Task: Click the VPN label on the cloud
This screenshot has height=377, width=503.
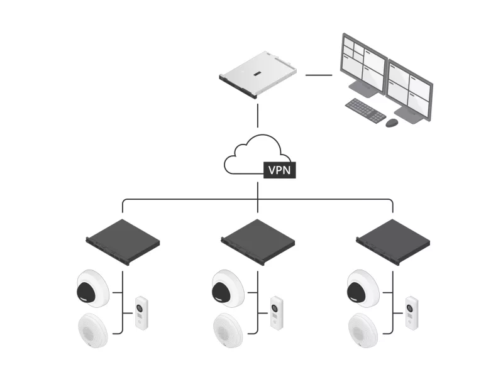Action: pyautogui.click(x=279, y=170)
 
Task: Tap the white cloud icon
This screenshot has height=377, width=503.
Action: pyautogui.click(x=251, y=156)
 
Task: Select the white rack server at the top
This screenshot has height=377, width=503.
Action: pyautogui.click(x=259, y=75)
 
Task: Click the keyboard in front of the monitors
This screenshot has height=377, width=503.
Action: pyautogui.click(x=365, y=109)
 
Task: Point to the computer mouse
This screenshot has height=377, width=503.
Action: pyautogui.click(x=392, y=123)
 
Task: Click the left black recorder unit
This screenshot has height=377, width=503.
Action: pyautogui.click(x=123, y=242)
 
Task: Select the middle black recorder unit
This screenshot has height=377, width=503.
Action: pyautogui.click(x=258, y=242)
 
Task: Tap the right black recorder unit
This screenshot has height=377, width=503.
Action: pyautogui.click(x=394, y=242)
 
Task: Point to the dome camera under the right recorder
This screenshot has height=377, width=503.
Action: pyautogui.click(x=363, y=288)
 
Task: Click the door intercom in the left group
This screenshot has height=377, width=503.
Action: pyautogui.click(x=141, y=313)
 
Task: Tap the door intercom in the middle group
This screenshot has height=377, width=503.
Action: pyautogui.click(x=276, y=313)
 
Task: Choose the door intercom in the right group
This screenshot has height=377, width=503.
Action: pyautogui.click(x=411, y=313)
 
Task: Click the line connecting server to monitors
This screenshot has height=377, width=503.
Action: pyautogui.click(x=319, y=75)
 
